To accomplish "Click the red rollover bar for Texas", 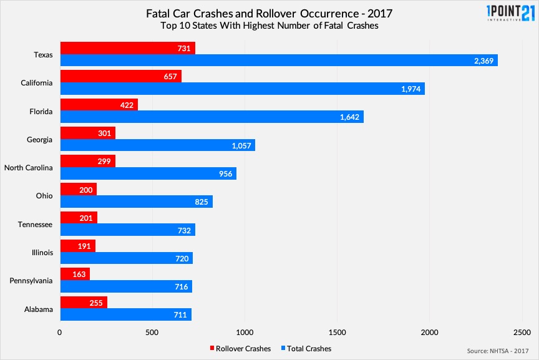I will (x=127, y=48).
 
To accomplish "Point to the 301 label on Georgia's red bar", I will (x=104, y=132).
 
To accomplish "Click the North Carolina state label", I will (x=29, y=168).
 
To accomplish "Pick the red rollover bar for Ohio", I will (x=79, y=189).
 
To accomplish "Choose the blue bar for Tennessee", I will (x=127, y=230).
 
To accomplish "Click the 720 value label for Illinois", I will (x=182, y=258).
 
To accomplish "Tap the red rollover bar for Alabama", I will (x=84, y=302).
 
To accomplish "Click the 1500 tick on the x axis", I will (x=337, y=332).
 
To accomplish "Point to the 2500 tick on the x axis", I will (x=522, y=332).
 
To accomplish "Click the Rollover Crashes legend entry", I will (x=240, y=348).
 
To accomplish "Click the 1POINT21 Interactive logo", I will (x=502, y=14).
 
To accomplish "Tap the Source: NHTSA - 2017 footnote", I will (x=497, y=351).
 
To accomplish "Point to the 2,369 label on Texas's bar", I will (x=483, y=61).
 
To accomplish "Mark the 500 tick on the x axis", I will (x=152, y=332).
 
